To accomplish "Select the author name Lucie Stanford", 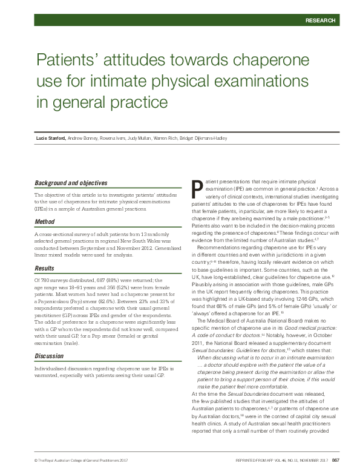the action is pos(51,139).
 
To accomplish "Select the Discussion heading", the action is pos(49,356).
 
